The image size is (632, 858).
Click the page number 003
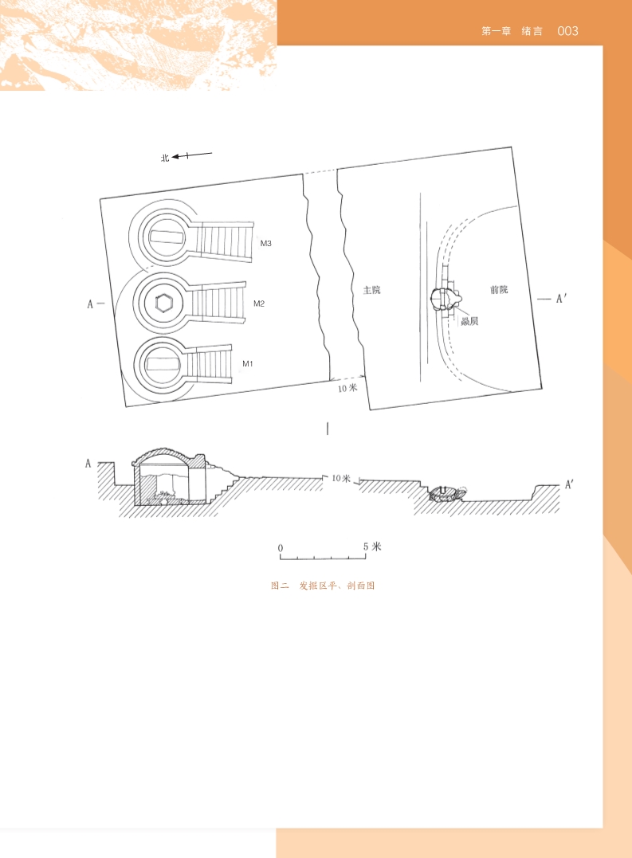tap(567, 31)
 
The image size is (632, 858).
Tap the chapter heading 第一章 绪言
tap(512, 31)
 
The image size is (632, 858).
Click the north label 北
tap(165, 159)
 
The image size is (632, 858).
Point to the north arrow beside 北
tap(192, 155)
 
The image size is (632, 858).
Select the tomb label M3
tap(266, 244)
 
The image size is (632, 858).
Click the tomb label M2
tap(259, 304)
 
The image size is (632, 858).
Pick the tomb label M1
tap(248, 364)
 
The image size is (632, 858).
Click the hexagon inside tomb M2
tap(164, 303)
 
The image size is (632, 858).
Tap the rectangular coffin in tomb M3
tap(166, 237)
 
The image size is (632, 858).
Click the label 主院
tap(372, 290)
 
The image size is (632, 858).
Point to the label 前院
tap(498, 289)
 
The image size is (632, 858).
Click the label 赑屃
tap(469, 321)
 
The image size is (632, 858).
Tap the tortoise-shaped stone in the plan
tap(446, 299)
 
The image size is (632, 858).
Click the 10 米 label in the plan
tap(347, 388)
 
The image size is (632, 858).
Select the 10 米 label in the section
tap(341, 478)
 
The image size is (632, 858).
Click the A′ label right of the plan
tap(561, 298)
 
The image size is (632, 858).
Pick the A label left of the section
tap(88, 464)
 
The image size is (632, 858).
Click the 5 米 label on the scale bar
tap(372, 547)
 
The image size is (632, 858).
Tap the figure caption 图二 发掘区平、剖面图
tap(323, 586)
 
